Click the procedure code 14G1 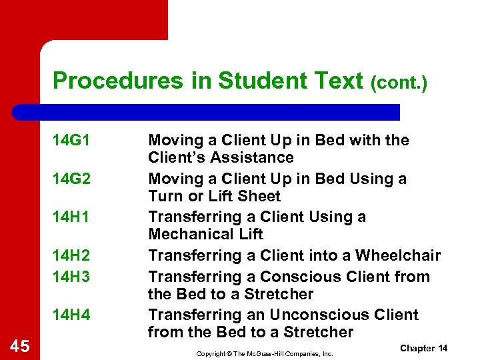point(71,141)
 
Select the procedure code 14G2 point(71,179)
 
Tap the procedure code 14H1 point(71,217)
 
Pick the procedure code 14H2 point(71,256)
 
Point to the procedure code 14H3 point(71,277)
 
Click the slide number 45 point(21,345)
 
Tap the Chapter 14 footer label point(423,349)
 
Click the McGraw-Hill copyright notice point(265,353)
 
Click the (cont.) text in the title point(399,83)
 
